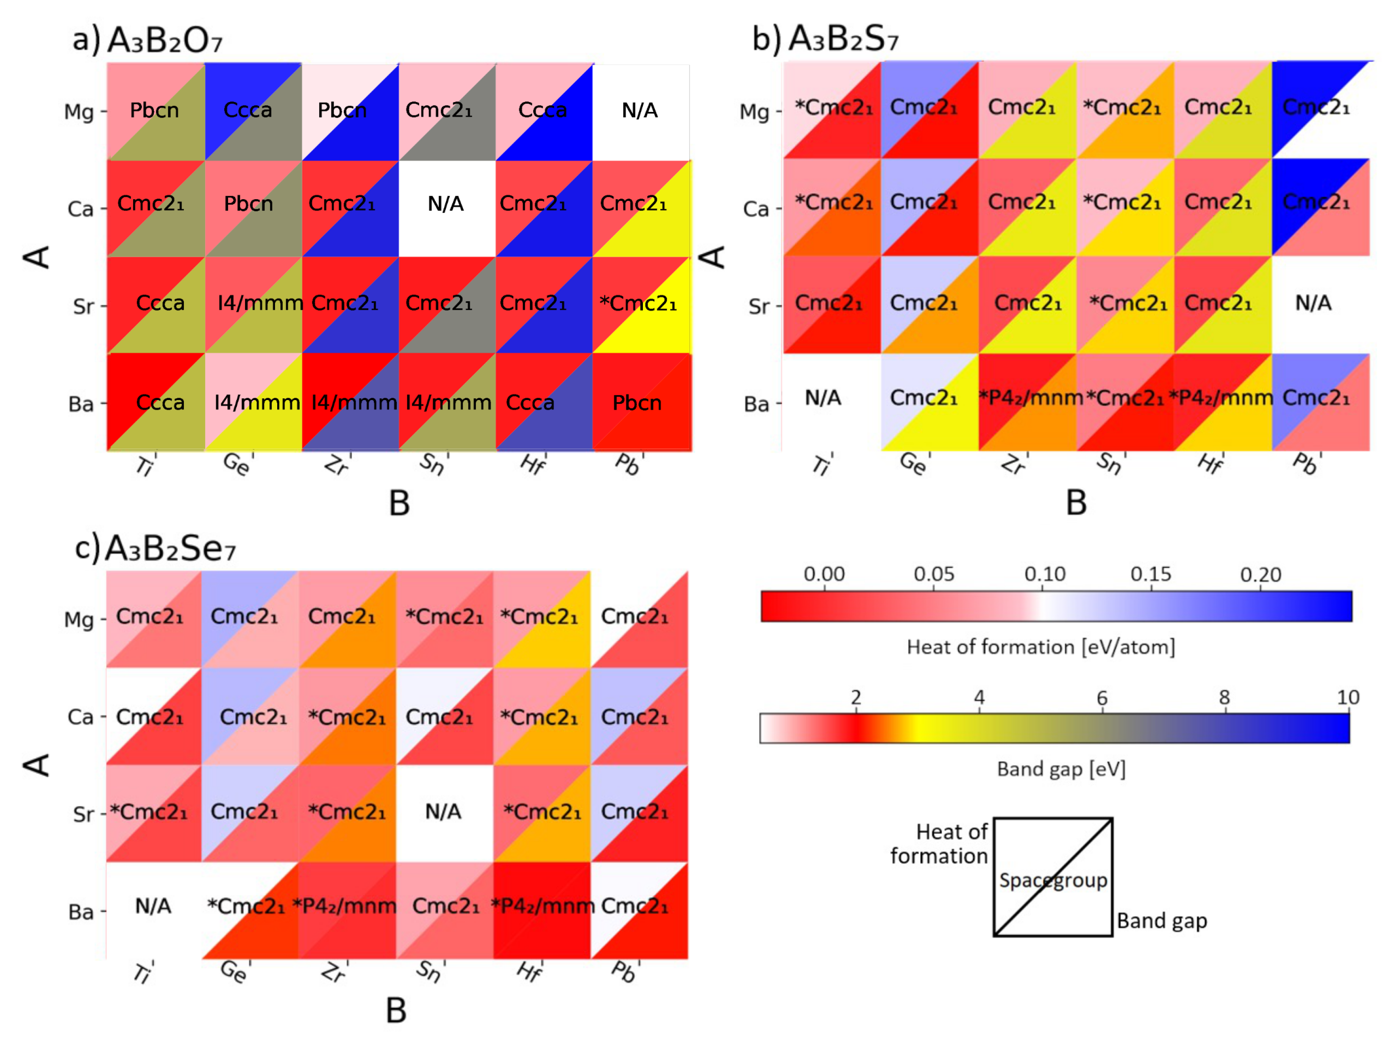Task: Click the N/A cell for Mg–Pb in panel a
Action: (x=640, y=111)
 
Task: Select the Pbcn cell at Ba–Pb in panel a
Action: (x=637, y=403)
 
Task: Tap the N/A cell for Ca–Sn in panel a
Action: (x=446, y=204)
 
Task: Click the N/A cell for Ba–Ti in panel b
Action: (x=823, y=397)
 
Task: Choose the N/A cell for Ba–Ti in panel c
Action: (x=153, y=906)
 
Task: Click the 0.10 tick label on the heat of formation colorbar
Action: (x=1044, y=574)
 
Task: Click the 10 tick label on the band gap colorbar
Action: (x=1348, y=697)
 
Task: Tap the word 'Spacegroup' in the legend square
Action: (x=1053, y=880)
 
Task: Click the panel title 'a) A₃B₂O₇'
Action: (x=148, y=39)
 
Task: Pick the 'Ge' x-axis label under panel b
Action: (x=912, y=464)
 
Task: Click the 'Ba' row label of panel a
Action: (x=81, y=404)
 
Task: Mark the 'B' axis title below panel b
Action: (x=1076, y=503)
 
